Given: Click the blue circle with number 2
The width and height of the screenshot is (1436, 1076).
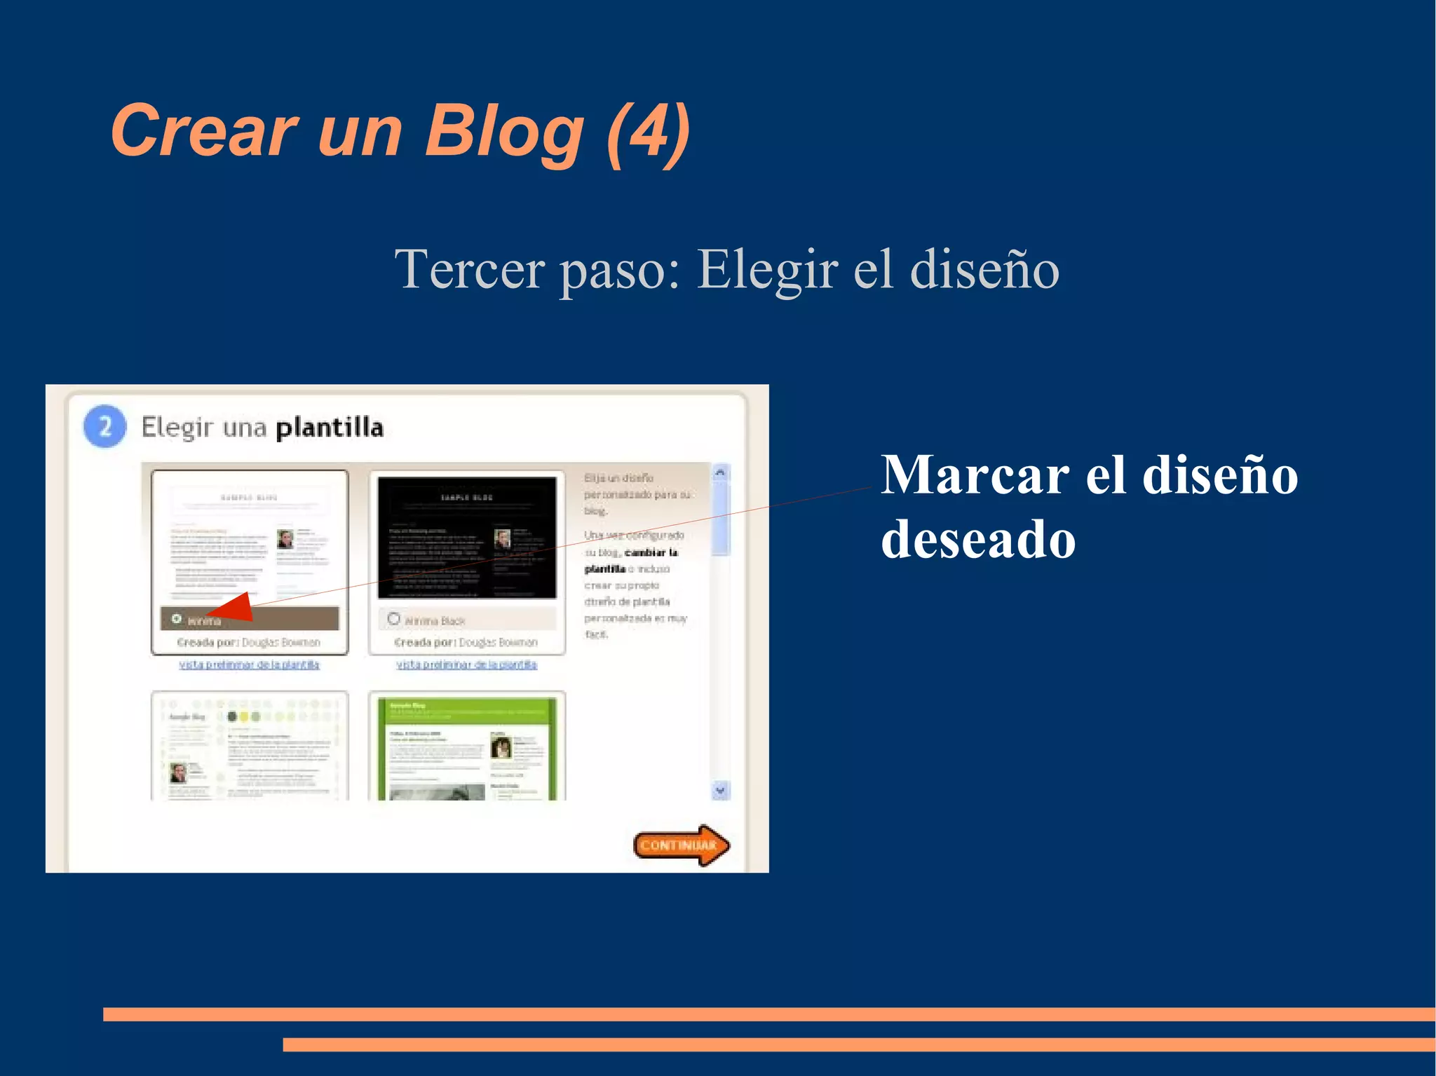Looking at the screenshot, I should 105,426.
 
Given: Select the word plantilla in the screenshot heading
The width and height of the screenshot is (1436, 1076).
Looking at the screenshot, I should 330,428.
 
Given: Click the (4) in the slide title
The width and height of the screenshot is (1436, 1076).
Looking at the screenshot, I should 648,131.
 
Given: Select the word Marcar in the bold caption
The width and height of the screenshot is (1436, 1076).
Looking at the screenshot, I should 975,475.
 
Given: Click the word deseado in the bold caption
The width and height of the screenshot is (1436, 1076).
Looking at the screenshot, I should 978,540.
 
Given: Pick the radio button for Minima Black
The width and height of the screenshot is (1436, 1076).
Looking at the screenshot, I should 394,619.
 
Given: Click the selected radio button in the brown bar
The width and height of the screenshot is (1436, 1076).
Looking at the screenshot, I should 177,619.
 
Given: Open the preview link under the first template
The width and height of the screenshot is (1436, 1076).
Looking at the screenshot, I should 249,665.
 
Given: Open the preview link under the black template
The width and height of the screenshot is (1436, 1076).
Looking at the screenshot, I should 466,665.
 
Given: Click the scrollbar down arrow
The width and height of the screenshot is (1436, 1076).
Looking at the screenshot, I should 720,790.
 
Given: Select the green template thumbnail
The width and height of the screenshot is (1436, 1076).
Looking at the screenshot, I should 467,747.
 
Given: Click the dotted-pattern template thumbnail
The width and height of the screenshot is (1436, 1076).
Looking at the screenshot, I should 250,747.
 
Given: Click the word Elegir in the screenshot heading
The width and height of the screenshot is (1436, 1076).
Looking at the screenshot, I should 177,428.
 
